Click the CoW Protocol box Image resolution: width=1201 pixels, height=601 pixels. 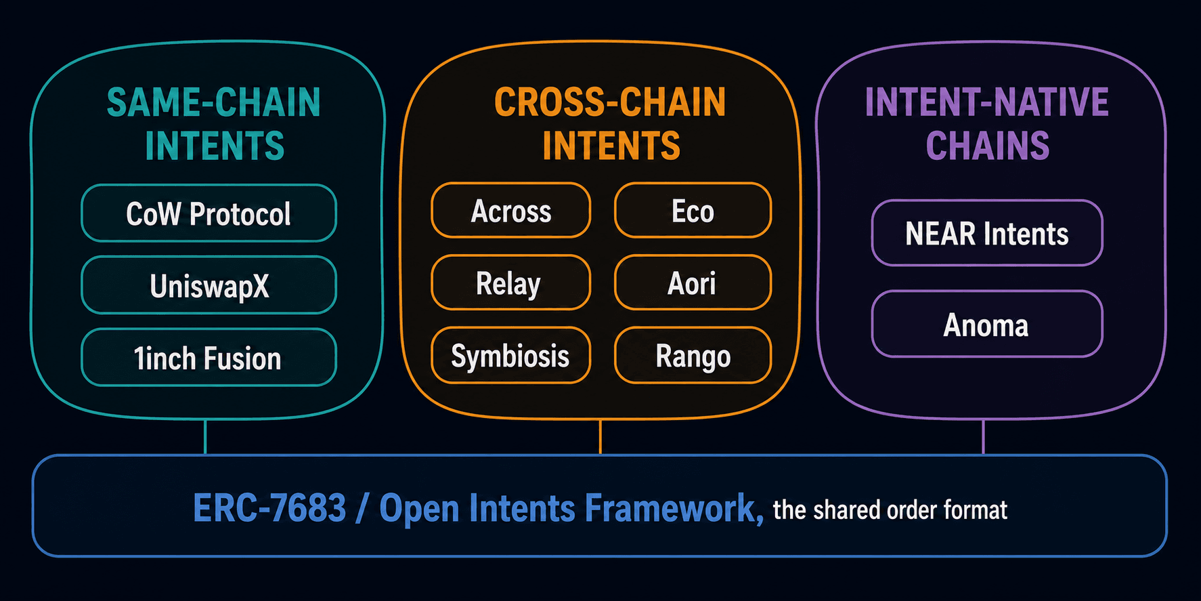pos(209,213)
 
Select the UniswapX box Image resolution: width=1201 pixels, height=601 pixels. pos(209,285)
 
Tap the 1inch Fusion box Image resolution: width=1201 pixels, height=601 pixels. pos(209,357)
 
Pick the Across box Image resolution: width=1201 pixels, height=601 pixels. pos(511,210)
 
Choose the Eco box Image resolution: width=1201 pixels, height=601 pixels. pos(693,210)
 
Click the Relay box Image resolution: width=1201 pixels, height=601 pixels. pos(511,283)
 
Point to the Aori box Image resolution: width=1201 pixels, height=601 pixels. pos(693,283)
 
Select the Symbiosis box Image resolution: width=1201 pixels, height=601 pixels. pos(511,355)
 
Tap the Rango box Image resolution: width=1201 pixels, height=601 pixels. pos(693,355)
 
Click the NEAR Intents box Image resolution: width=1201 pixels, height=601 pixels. pos(987,232)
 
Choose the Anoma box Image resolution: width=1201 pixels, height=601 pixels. pos(987,324)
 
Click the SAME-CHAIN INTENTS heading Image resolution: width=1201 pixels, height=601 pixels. pos(214,124)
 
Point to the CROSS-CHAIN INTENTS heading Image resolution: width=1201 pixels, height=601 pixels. pos(611,124)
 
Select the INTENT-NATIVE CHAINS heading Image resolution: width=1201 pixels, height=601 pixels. pos(987,124)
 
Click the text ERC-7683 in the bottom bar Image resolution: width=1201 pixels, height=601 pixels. pos(269,507)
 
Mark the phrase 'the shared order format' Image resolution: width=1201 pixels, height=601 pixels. pos(890,510)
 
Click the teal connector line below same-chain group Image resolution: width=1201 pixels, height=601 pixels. pos(205,436)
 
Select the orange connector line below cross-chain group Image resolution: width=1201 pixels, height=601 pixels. pos(600,436)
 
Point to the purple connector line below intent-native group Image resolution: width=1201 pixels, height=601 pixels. pos(983,436)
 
